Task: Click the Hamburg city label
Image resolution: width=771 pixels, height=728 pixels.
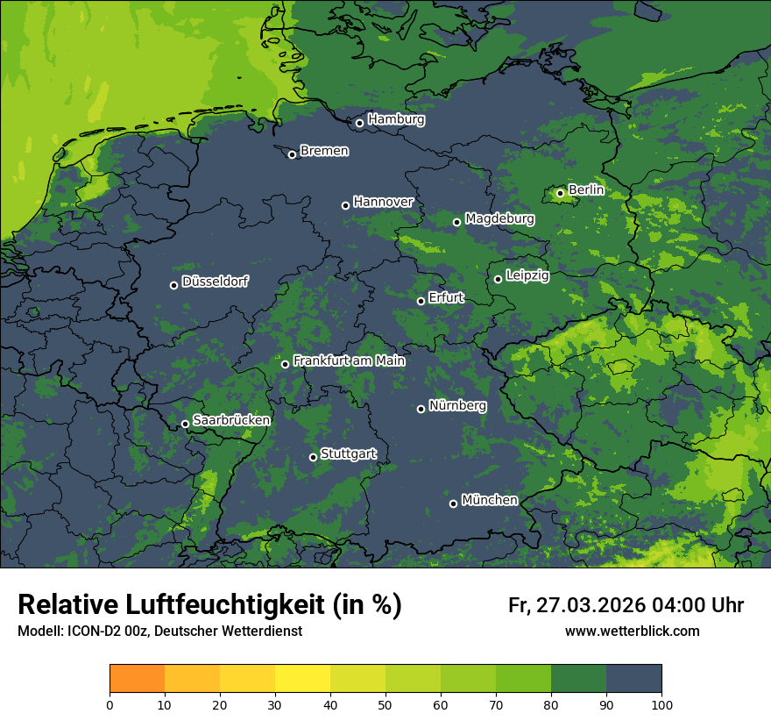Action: point(396,119)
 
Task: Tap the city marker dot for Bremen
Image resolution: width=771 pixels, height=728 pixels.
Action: point(292,154)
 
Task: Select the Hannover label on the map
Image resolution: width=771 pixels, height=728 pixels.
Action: point(383,202)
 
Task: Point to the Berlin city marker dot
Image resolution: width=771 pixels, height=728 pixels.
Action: point(560,193)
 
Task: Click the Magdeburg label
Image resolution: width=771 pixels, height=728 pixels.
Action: point(499,218)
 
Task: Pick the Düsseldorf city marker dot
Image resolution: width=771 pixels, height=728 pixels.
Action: point(173,285)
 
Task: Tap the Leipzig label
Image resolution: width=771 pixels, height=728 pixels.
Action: point(527,275)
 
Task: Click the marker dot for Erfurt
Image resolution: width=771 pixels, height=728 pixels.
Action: point(421,301)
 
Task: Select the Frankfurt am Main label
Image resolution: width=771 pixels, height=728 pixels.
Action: point(349,360)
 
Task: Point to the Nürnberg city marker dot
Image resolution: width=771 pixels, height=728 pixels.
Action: point(421,409)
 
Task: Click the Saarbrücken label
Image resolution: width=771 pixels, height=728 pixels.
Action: point(231,420)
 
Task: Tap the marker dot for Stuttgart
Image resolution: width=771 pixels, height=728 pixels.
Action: point(313,457)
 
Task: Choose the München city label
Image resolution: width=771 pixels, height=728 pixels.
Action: point(489,500)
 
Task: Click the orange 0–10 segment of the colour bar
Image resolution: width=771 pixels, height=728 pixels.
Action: point(137,679)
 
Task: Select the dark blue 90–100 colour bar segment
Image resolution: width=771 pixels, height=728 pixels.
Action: point(633,679)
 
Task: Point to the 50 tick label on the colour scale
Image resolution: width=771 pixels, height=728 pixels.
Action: point(385,704)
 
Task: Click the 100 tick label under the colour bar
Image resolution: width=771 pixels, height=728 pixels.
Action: point(661,704)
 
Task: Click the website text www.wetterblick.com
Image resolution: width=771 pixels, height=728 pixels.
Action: point(632,632)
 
